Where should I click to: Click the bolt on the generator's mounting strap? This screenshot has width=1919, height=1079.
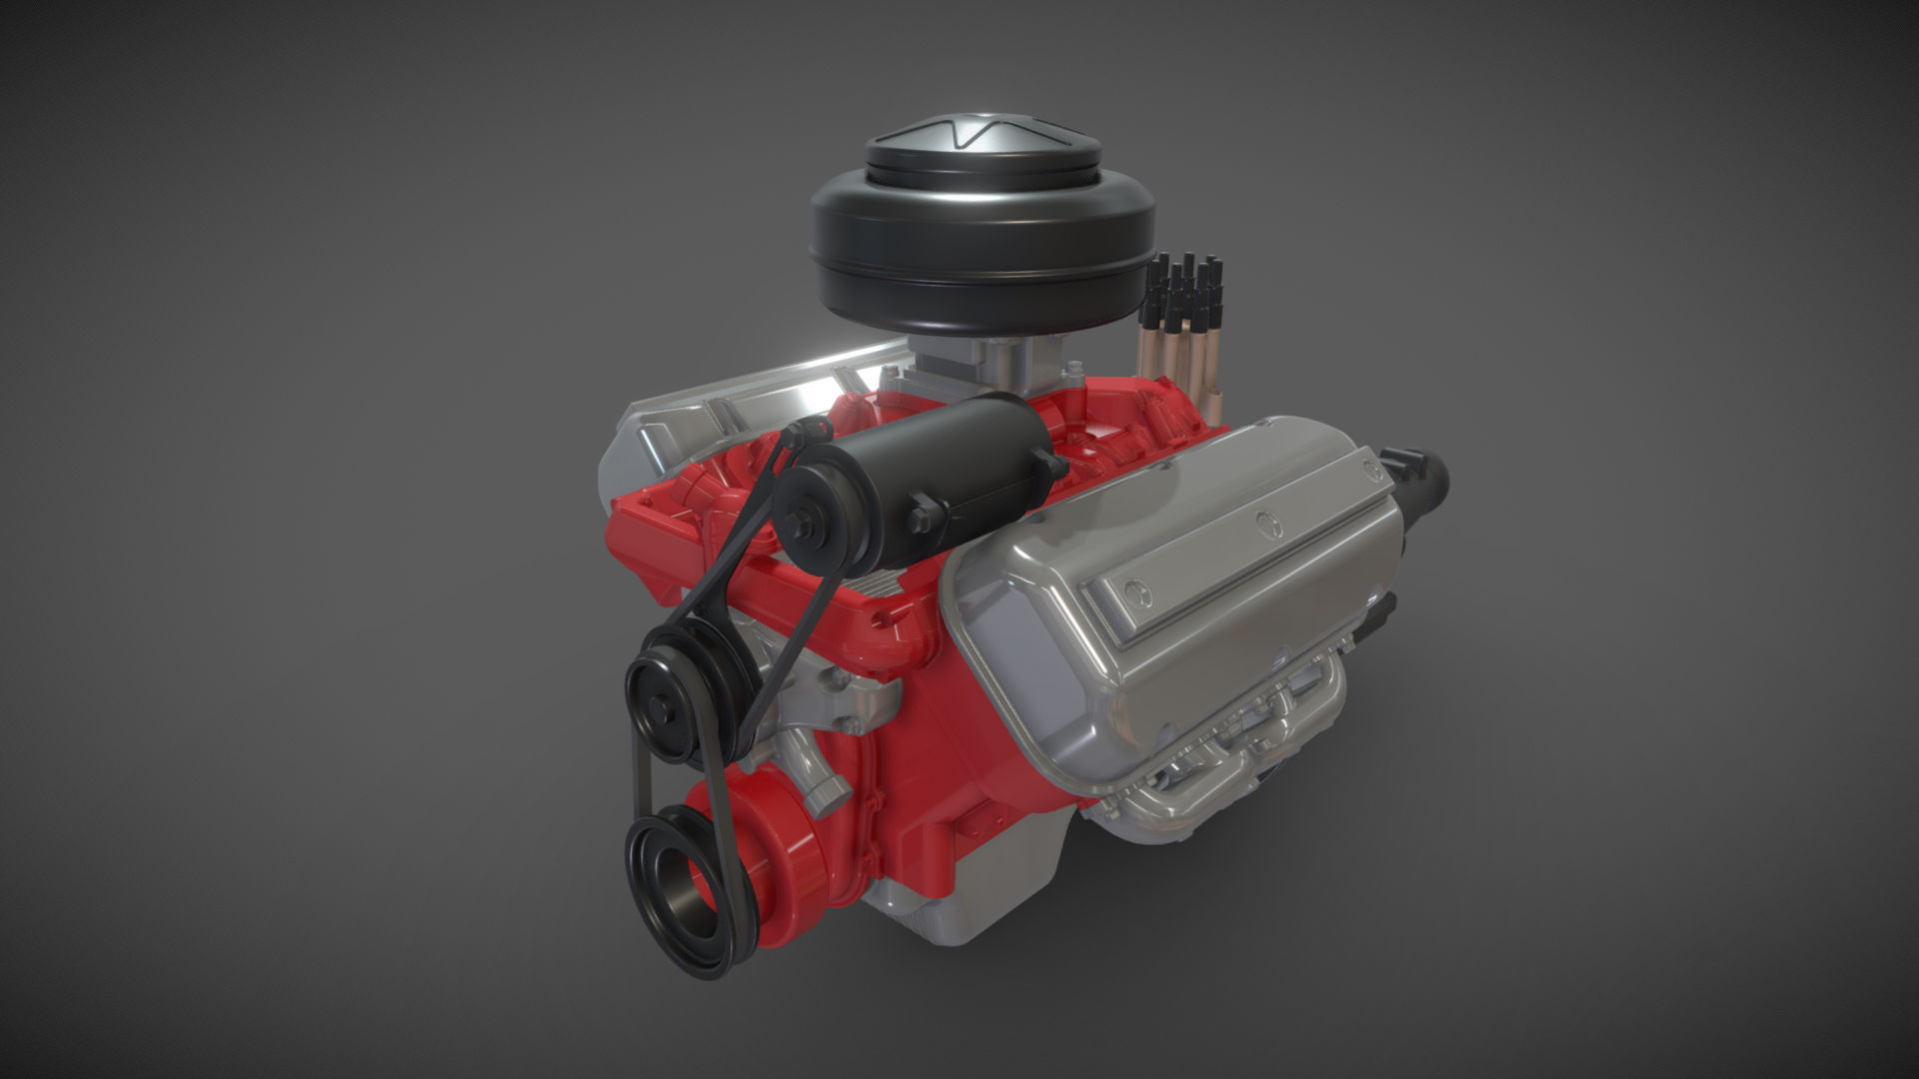[x=921, y=520]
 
